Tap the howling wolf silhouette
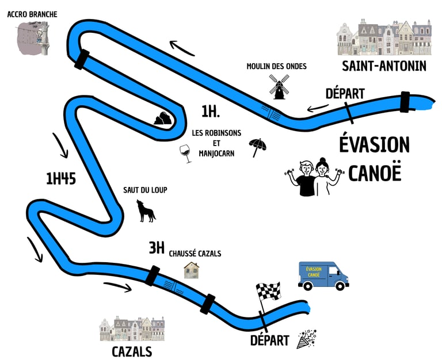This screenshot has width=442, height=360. [146, 211]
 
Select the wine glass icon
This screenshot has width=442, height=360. [186, 154]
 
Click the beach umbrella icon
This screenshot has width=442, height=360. [257, 147]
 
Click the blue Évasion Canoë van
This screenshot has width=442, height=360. [323, 275]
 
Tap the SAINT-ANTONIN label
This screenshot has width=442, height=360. [384, 66]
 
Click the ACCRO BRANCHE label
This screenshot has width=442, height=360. [32, 14]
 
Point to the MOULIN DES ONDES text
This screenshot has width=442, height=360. [276, 66]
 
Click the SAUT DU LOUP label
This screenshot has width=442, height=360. [145, 190]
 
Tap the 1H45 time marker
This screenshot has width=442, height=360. [61, 179]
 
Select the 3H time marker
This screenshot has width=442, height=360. [157, 248]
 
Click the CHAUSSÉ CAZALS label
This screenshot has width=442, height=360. [195, 253]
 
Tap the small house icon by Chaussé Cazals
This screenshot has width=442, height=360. [192, 270]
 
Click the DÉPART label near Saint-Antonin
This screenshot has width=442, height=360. [345, 93]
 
